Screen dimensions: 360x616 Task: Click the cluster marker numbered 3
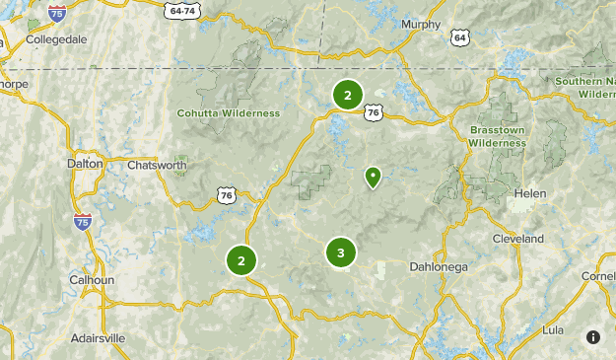[340, 253]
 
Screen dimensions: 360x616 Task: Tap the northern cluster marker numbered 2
[347, 95]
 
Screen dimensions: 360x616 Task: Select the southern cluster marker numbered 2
[240, 260]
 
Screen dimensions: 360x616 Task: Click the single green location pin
[373, 177]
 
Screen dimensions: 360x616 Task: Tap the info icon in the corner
[592, 337]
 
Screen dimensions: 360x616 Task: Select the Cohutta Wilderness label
[229, 113]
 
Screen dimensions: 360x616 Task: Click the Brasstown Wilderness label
[498, 136]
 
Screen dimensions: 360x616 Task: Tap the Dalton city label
[85, 164]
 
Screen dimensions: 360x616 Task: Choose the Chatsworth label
[157, 165]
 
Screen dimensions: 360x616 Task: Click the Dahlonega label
[439, 266]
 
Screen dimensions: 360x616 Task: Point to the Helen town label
[529, 193]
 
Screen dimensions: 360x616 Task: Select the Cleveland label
[518, 239]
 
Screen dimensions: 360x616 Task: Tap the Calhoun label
[92, 279]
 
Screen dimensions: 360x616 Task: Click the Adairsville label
[98, 337]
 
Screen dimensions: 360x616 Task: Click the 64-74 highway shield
[182, 10]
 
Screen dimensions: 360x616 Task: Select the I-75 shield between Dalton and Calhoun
[81, 223]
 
